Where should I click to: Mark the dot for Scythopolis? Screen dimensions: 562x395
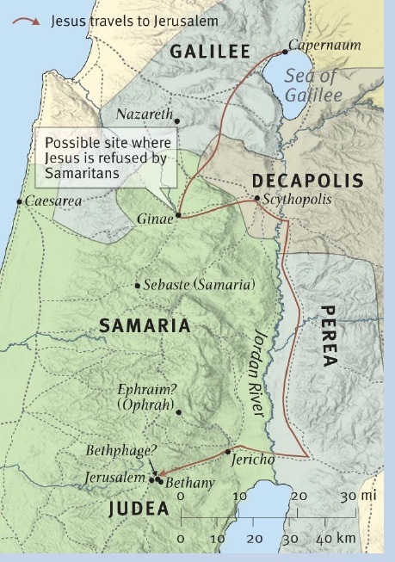click(x=256, y=200)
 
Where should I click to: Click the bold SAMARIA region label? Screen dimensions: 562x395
click(x=144, y=326)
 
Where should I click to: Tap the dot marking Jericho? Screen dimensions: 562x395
click(x=228, y=451)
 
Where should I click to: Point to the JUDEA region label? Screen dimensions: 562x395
click(x=138, y=509)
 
